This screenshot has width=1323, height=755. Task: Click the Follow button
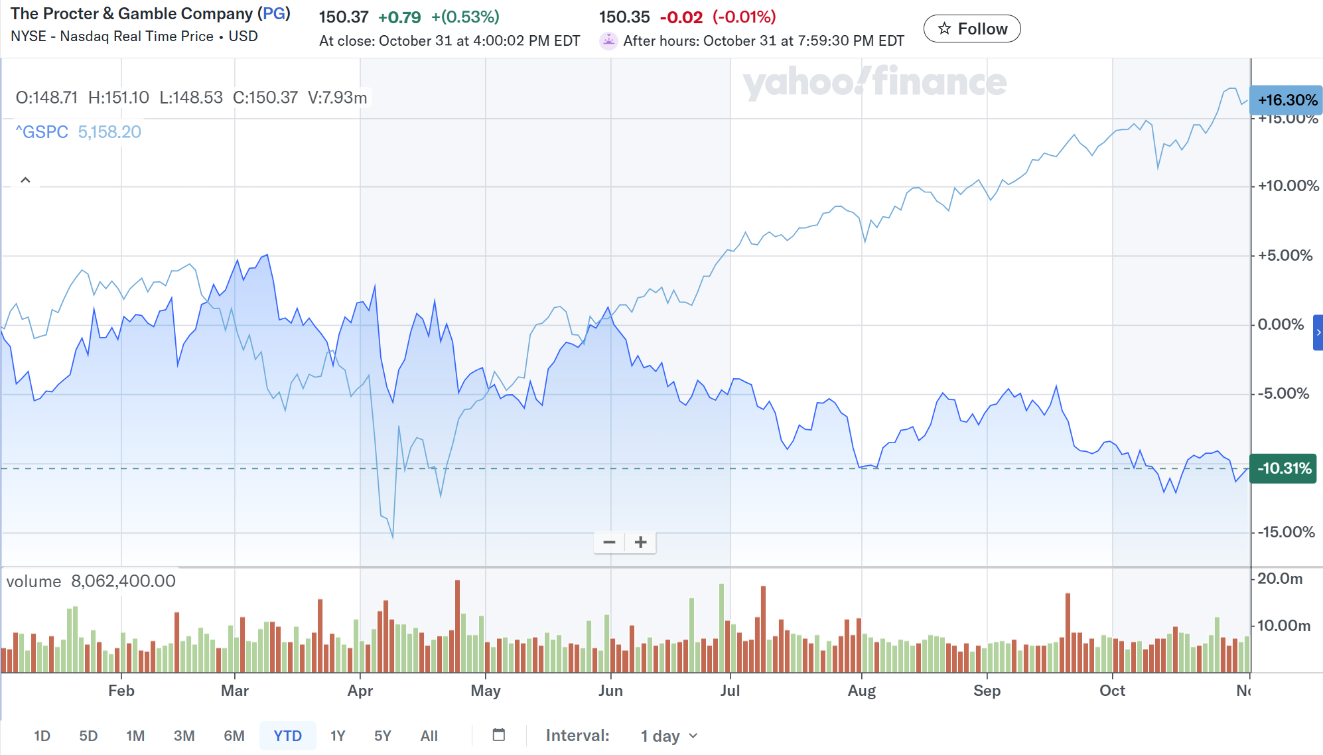click(972, 29)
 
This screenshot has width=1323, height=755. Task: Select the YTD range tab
click(287, 736)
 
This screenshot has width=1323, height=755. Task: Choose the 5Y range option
click(383, 736)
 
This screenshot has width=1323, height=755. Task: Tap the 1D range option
click(42, 736)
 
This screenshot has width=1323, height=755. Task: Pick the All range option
click(429, 736)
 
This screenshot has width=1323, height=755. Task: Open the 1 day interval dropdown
click(669, 736)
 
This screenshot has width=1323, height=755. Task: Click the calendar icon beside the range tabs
click(499, 734)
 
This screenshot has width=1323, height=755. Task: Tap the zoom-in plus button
click(640, 542)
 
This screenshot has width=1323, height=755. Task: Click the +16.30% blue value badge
click(1287, 100)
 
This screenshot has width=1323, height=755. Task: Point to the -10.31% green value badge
click(1283, 468)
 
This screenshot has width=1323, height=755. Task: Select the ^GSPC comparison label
click(42, 132)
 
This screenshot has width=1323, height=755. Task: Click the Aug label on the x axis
click(861, 691)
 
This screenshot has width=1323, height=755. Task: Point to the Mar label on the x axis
click(235, 691)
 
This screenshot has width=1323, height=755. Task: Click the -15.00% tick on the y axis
click(1286, 532)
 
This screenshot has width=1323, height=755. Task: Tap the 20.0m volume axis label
click(1280, 579)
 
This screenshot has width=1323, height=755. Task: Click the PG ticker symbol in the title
click(274, 14)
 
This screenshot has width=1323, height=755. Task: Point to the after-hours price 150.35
click(624, 17)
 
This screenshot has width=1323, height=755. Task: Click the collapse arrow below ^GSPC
click(26, 180)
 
